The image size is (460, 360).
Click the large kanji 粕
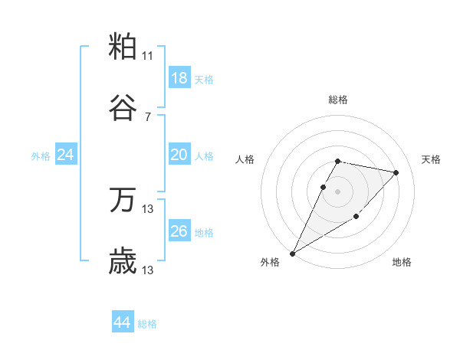click(x=123, y=47)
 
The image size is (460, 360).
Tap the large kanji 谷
click(x=123, y=109)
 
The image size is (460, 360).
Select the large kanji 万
click(x=123, y=201)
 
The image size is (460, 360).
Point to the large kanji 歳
click(x=123, y=262)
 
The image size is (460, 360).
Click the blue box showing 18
click(x=179, y=78)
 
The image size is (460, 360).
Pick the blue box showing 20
click(x=179, y=155)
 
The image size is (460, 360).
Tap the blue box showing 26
click(x=179, y=231)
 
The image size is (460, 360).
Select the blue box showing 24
click(x=66, y=155)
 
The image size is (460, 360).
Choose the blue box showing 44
click(x=123, y=322)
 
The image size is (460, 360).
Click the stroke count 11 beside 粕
click(x=148, y=56)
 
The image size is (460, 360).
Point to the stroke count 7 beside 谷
click(x=148, y=117)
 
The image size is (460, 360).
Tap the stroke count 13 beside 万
click(x=148, y=209)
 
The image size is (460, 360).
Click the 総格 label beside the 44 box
click(x=147, y=324)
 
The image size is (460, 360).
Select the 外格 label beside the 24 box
click(x=41, y=156)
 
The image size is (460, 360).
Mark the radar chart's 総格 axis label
click(x=338, y=100)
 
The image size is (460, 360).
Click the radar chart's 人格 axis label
click(x=246, y=159)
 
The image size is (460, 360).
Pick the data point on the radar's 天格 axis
click(x=396, y=172)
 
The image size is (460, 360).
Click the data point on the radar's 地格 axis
click(x=356, y=218)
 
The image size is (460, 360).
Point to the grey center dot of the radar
click(x=338, y=191)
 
